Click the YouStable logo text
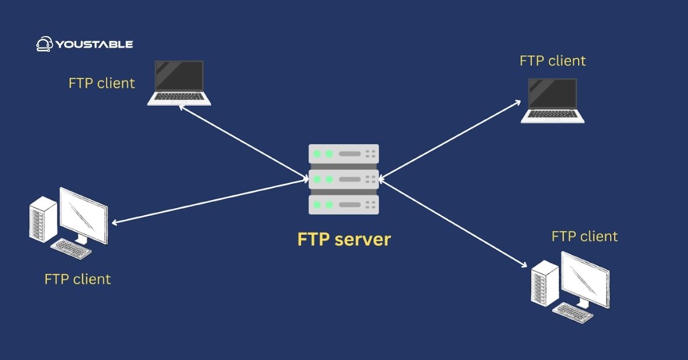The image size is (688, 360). click(94, 44)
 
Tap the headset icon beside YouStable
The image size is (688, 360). click(44, 44)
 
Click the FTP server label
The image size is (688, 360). click(343, 239)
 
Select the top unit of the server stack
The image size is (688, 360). click(343, 154)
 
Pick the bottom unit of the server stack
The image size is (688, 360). click(343, 205)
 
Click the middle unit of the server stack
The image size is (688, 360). click(343, 179)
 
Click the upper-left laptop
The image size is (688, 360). click(179, 83)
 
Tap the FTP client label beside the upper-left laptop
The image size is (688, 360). click(101, 83)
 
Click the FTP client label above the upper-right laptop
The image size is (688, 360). click(553, 61)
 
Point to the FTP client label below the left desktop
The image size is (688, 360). click(77, 279)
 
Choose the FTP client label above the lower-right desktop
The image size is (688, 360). click(584, 236)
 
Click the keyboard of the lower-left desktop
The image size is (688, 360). click(71, 248)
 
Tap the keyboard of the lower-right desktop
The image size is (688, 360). click(573, 310)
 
